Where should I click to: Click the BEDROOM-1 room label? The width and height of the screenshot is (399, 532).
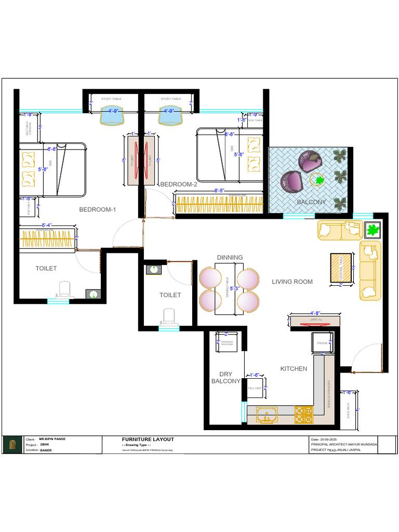pos(98,210)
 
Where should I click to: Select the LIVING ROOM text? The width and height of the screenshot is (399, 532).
pos(292,282)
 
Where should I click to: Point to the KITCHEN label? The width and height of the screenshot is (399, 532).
pos(294,369)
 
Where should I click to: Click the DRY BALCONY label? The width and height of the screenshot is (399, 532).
pos(225,378)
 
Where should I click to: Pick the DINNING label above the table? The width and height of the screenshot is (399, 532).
pos(230,257)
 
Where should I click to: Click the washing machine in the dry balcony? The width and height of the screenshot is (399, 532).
pos(228,342)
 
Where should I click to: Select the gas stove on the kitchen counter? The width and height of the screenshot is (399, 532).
pos(304,414)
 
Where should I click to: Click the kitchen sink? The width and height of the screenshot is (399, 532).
pos(267,414)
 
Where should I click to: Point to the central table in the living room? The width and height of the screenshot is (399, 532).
pos(341,269)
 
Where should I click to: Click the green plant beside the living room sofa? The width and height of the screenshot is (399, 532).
pos(372,230)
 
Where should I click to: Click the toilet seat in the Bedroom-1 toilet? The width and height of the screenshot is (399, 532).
pos(64,289)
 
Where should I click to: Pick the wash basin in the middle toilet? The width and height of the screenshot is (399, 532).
pos(153,269)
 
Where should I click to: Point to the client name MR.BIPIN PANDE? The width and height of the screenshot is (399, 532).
pos(52,439)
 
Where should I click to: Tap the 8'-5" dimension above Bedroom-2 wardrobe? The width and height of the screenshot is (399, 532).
pos(220,191)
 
